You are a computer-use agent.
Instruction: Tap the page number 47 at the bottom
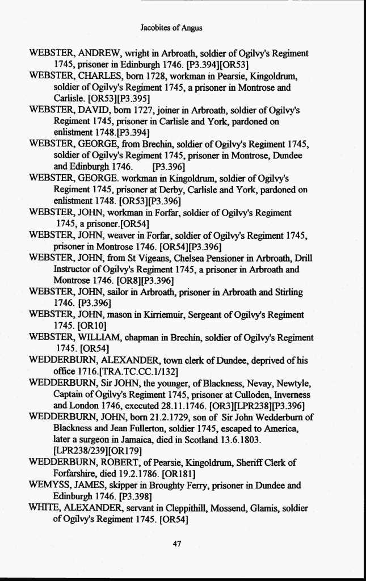point(176,544)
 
